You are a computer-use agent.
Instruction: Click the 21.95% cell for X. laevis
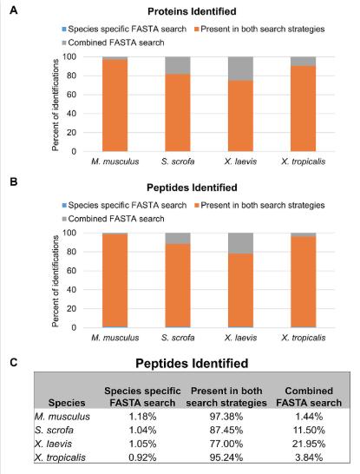[309, 444]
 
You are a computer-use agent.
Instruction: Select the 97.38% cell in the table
[226, 417]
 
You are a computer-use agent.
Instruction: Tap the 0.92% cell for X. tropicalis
[142, 458]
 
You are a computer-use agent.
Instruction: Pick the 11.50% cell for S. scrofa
[309, 431]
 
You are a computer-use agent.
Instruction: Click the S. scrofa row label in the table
[54, 431]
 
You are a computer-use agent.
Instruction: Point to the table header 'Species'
[67, 403]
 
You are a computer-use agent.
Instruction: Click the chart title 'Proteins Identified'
[192, 11]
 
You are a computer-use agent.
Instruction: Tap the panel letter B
[14, 182]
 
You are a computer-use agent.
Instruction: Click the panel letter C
[14, 362]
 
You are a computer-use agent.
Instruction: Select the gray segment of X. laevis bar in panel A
[240, 69]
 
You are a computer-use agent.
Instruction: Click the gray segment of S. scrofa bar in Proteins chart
[178, 65]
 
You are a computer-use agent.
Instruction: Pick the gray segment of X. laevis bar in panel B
[240, 243]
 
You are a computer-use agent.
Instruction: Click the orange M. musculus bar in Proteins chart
[115, 105]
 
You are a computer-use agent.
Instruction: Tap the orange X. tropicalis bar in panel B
[304, 282]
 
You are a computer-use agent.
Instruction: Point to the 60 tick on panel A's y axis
[71, 95]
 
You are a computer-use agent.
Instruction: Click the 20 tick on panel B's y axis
[71, 309]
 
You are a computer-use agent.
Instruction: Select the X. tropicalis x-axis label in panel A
[304, 161]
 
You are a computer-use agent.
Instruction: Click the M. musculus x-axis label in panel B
[115, 338]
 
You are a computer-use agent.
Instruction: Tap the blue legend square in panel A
[64, 30]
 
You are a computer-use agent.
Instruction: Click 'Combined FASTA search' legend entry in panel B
[113, 219]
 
